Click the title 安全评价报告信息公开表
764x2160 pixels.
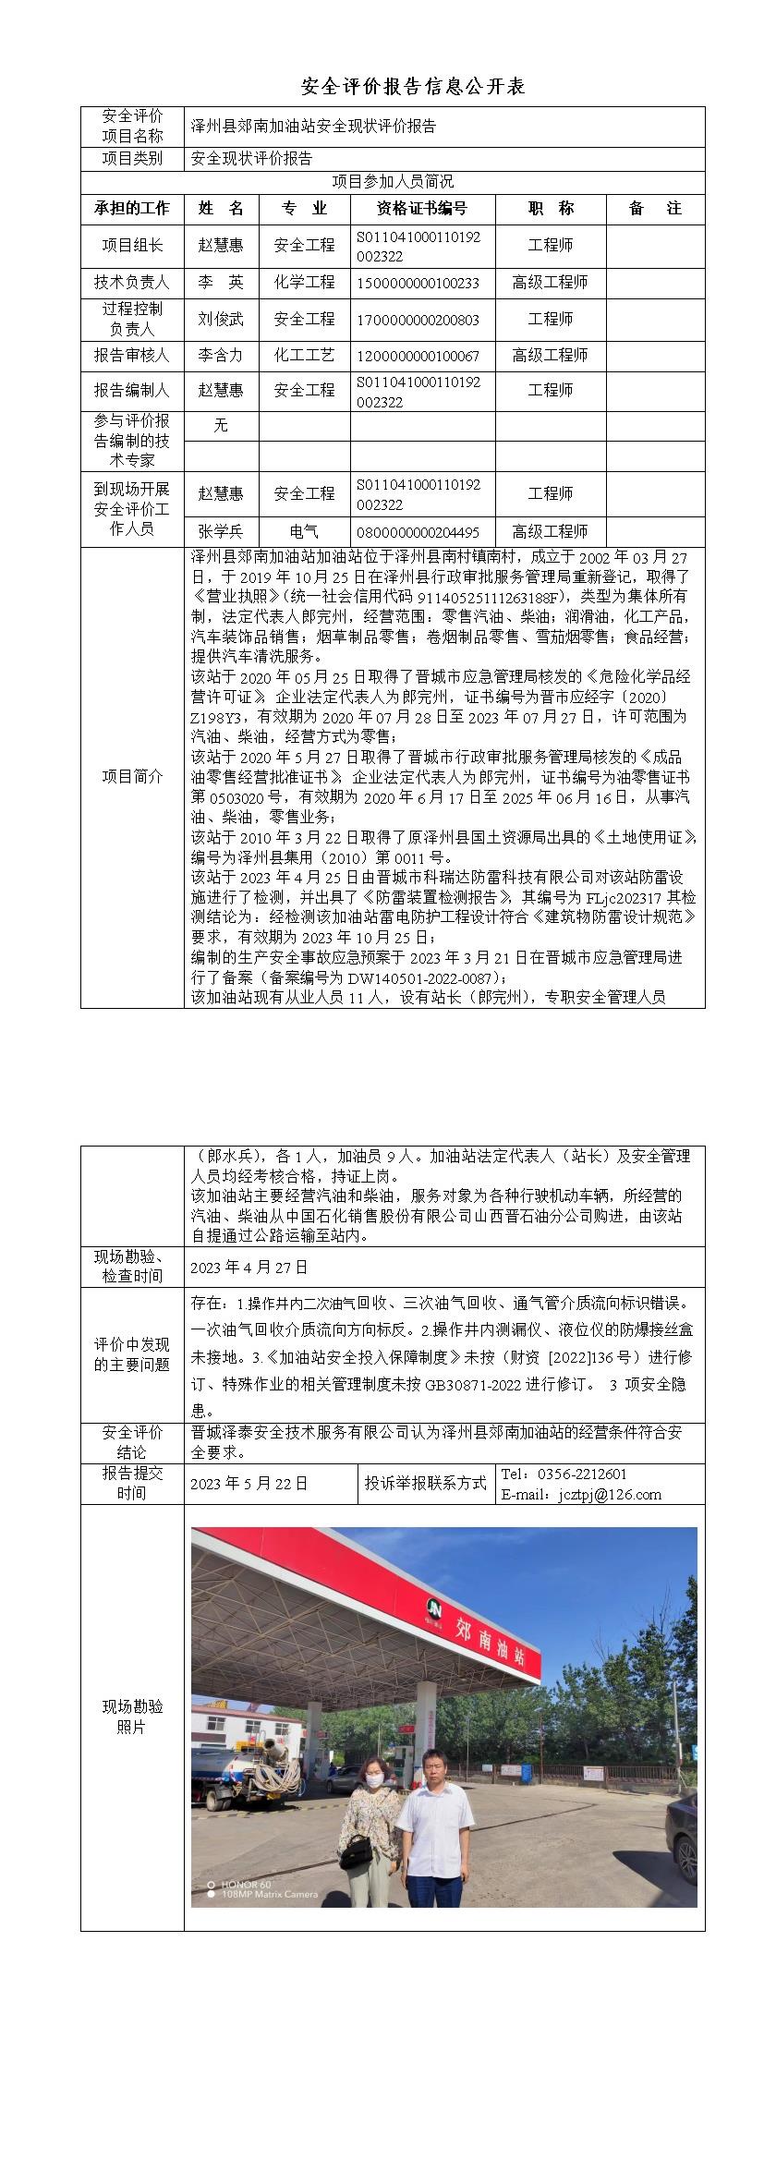(x=413, y=87)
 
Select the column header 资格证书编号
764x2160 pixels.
(x=422, y=209)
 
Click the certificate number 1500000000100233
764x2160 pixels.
(x=418, y=283)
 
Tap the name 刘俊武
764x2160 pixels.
(x=221, y=320)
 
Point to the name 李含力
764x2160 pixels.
(x=221, y=356)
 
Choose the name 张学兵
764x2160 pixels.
(x=221, y=532)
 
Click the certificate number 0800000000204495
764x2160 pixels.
(x=418, y=532)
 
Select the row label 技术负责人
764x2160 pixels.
(x=131, y=283)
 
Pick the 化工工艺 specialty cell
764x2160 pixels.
(x=304, y=356)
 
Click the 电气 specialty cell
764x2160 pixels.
(x=304, y=532)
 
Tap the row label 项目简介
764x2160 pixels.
(x=131, y=776)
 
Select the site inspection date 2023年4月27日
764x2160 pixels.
(x=249, y=1268)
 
